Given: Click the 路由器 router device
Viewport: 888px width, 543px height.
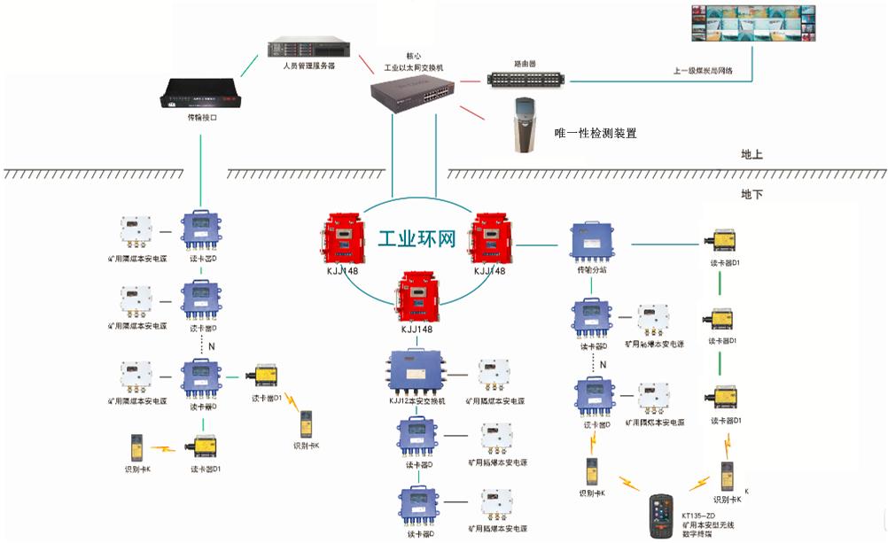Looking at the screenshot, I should coord(526,78).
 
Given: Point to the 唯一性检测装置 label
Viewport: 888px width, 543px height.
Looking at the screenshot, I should coord(595,133).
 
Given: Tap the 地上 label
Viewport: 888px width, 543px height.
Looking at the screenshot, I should coord(752,154).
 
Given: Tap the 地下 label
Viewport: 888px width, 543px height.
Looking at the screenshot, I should coord(752,193).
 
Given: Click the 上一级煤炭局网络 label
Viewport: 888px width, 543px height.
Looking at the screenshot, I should coord(704,70).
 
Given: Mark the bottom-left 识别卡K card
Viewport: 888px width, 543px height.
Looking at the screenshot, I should coord(136,446).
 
